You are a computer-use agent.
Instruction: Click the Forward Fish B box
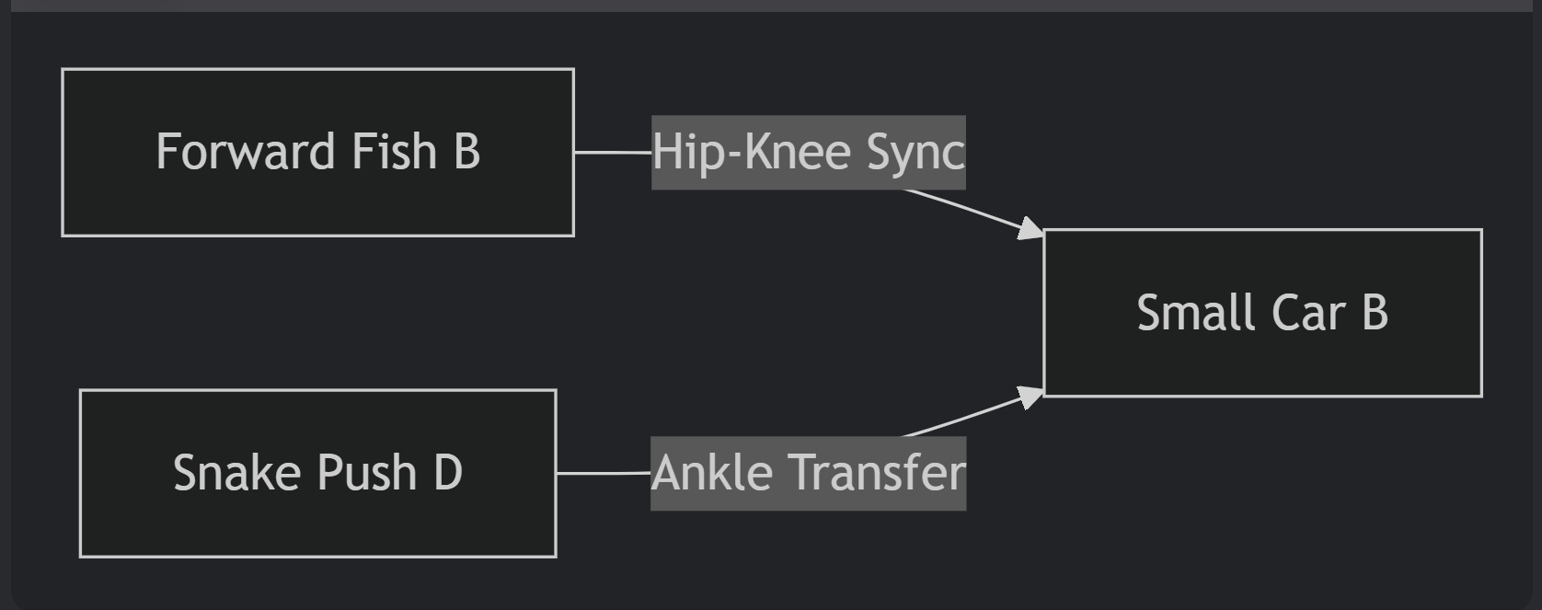[x=317, y=152]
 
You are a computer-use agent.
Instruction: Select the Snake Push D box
[x=317, y=473]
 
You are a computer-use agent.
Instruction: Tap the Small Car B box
[x=1262, y=313]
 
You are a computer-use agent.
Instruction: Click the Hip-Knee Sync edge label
[x=808, y=153]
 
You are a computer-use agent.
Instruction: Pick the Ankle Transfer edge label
[x=808, y=473]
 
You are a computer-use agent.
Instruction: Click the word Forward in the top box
[x=245, y=152]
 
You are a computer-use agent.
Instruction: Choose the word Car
[x=1308, y=313]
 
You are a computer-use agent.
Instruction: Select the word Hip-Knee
[x=751, y=153]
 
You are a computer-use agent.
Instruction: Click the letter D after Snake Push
[x=447, y=473]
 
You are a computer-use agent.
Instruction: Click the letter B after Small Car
[x=1375, y=313]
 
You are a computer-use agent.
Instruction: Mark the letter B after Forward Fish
[x=466, y=152]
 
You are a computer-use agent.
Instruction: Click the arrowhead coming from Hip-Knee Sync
[x=1031, y=229]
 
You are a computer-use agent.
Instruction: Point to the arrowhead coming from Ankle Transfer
[x=1031, y=397]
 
